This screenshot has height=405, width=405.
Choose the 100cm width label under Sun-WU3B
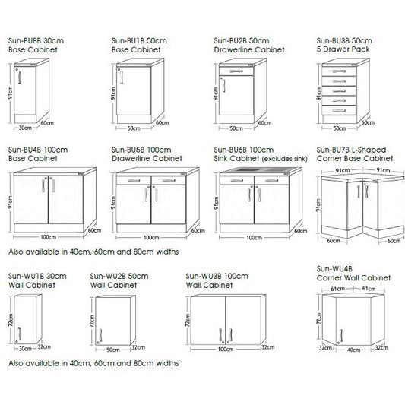pyautogui.click(x=225, y=350)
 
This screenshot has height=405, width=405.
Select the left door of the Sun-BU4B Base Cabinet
pyautogui.click(x=30, y=201)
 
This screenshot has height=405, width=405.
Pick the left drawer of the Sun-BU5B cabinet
pyautogui.click(x=133, y=182)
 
